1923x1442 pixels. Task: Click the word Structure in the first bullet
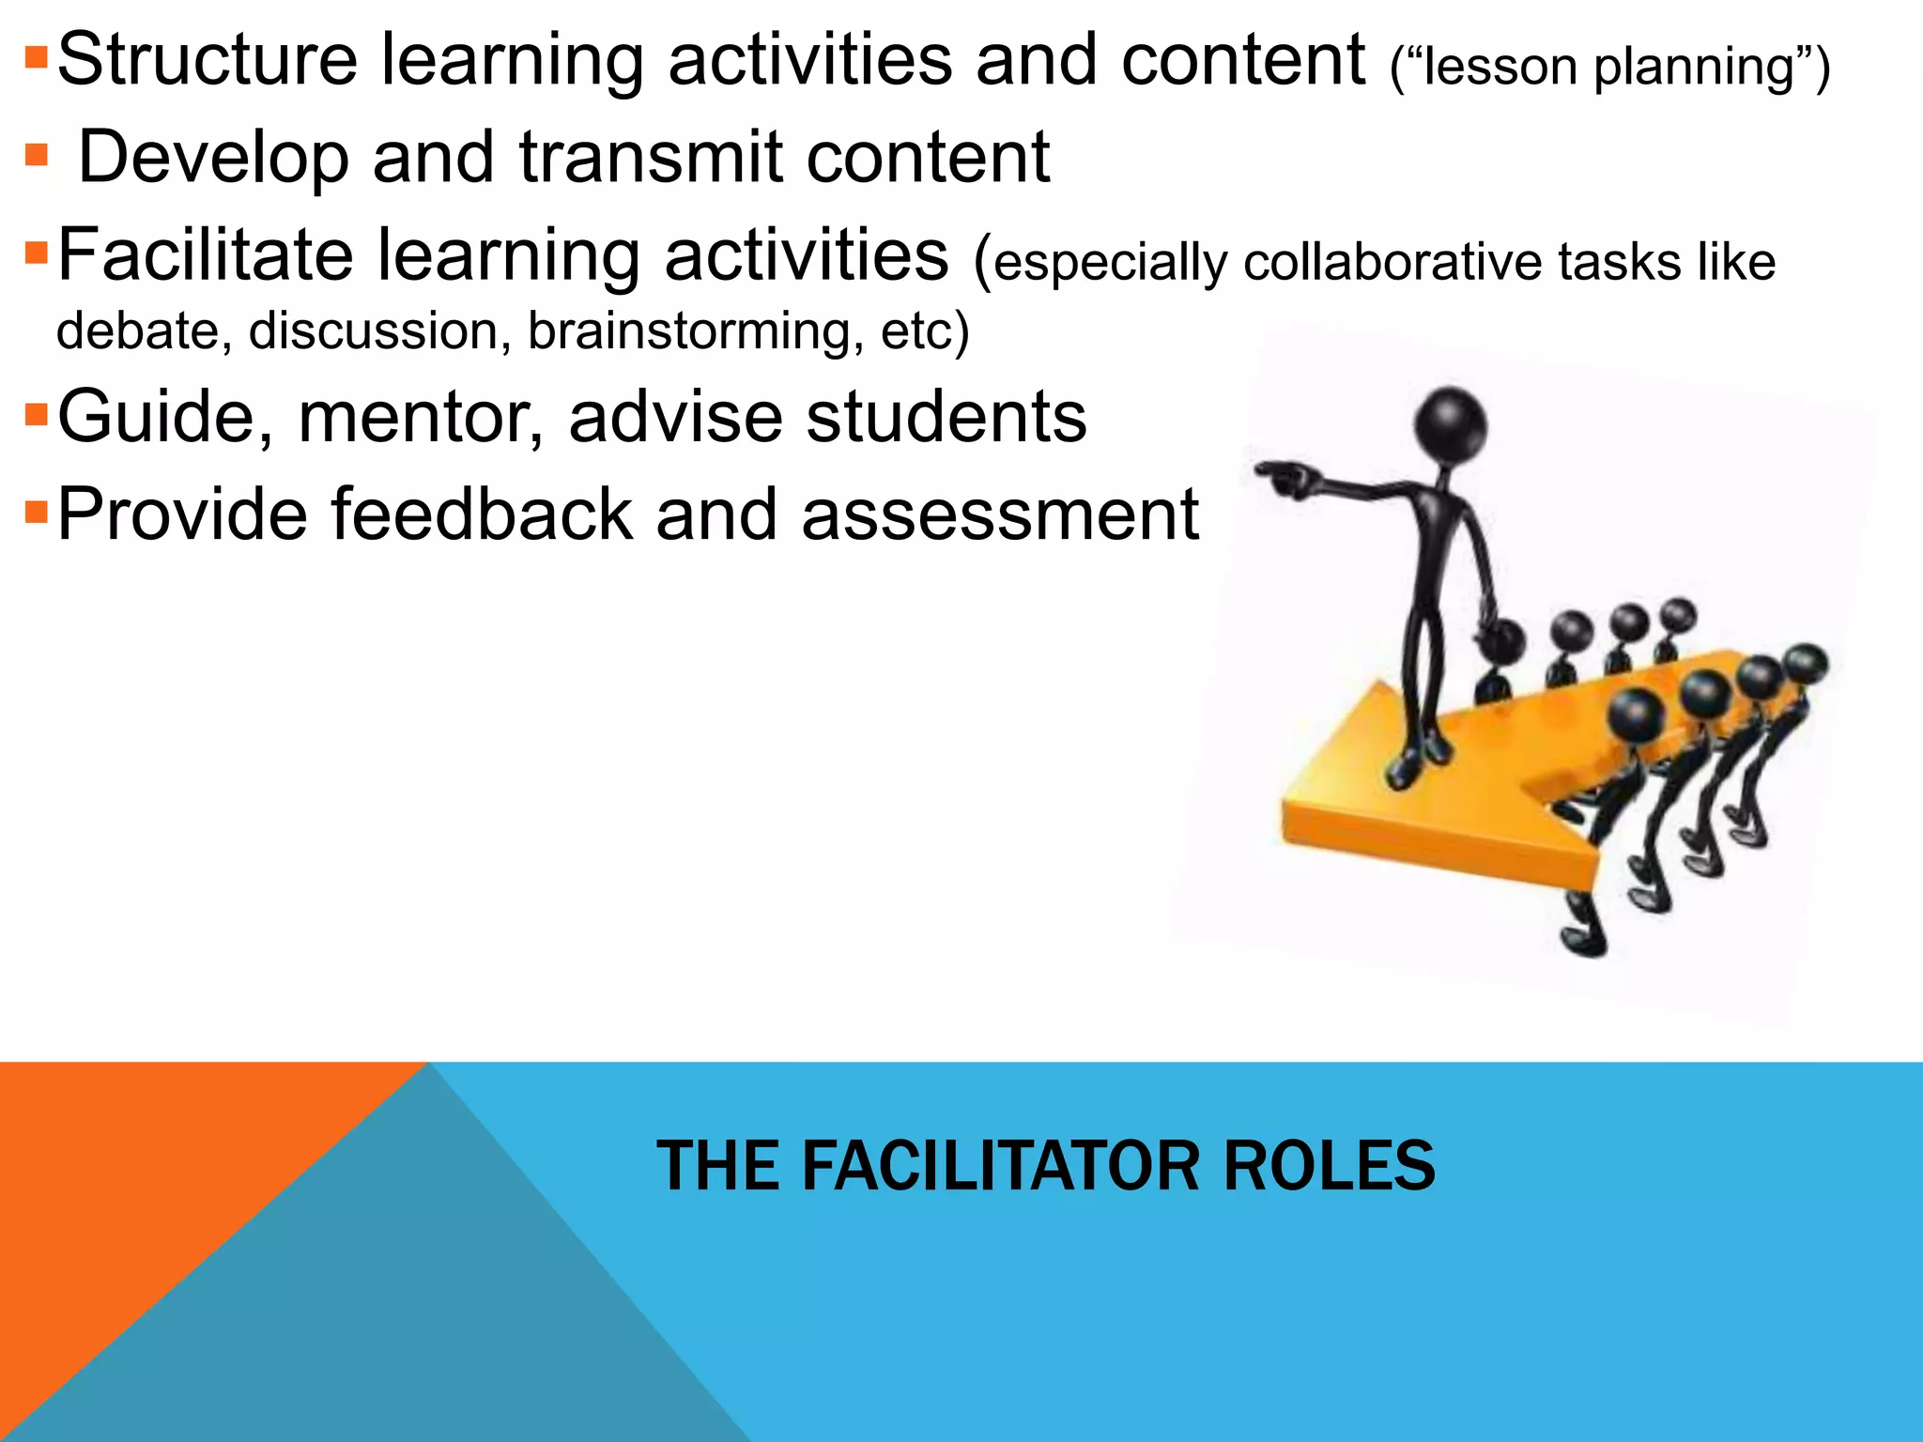208,60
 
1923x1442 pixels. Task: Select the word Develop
214,158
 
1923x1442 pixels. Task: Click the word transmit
651,158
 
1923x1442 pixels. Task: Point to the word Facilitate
206,255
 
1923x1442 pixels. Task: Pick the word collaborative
1392,262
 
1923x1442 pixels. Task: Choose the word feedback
482,515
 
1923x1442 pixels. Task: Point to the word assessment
1000,515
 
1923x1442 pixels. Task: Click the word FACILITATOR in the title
1000,1166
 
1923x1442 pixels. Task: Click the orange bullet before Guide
36,414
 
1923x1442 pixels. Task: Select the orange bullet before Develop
36,155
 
